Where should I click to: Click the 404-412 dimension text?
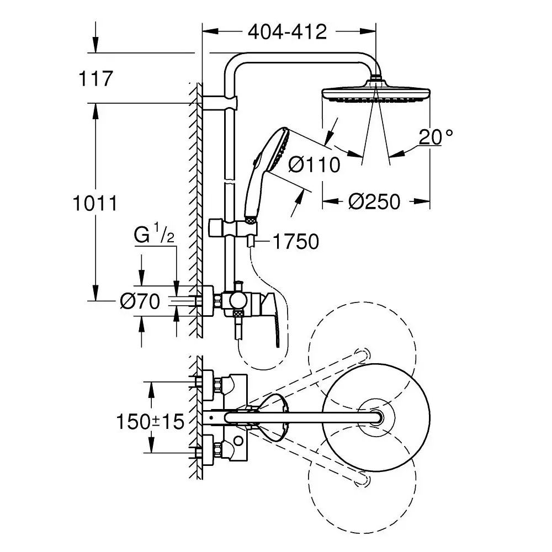[x=287, y=32]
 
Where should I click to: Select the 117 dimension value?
[x=95, y=78]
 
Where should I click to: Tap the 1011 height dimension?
[x=95, y=203]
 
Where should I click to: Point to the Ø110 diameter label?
[x=314, y=164]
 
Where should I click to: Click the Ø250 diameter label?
[x=374, y=201]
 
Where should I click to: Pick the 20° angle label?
[x=436, y=136]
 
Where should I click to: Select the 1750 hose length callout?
[x=295, y=241]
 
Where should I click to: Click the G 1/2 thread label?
[x=154, y=236]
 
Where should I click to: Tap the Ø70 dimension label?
[x=140, y=301]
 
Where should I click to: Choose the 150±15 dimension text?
[x=149, y=422]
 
